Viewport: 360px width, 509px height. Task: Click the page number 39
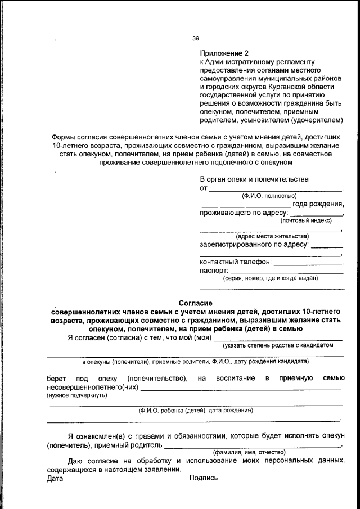pos(195,38)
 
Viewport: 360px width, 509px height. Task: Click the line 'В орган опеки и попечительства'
pos(254,179)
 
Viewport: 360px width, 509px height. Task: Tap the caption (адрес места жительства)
pos(272,236)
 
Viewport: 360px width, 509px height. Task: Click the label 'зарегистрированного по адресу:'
pos(254,245)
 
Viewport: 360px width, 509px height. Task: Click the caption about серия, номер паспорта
pos(271,278)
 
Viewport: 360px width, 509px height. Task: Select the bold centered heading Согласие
pos(195,303)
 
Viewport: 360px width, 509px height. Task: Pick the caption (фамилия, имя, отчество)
pos(249,452)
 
